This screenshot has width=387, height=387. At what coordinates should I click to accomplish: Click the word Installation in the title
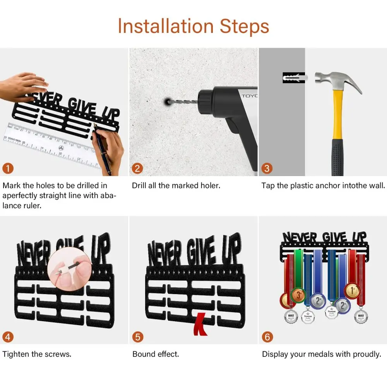pos(166,26)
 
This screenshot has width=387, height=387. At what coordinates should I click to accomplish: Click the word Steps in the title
pos(244,27)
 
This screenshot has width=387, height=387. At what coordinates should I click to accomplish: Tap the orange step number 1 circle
pos(8,168)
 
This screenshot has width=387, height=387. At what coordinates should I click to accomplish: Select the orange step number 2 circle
pos(137,168)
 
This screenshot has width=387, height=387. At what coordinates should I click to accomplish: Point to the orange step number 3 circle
pos(267,168)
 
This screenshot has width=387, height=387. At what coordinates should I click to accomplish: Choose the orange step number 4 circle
pos(8,337)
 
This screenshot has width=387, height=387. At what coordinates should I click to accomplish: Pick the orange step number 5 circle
pos(138,337)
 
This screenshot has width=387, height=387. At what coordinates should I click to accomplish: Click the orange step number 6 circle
pos(267,337)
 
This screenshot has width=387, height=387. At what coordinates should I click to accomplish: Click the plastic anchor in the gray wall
pos(295,78)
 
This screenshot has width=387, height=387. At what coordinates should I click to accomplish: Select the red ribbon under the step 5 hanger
pos(200,324)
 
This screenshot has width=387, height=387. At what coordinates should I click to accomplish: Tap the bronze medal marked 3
pos(298,295)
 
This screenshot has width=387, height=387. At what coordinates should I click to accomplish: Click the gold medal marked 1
pos(353,291)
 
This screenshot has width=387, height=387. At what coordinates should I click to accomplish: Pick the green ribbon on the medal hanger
pos(298,269)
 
